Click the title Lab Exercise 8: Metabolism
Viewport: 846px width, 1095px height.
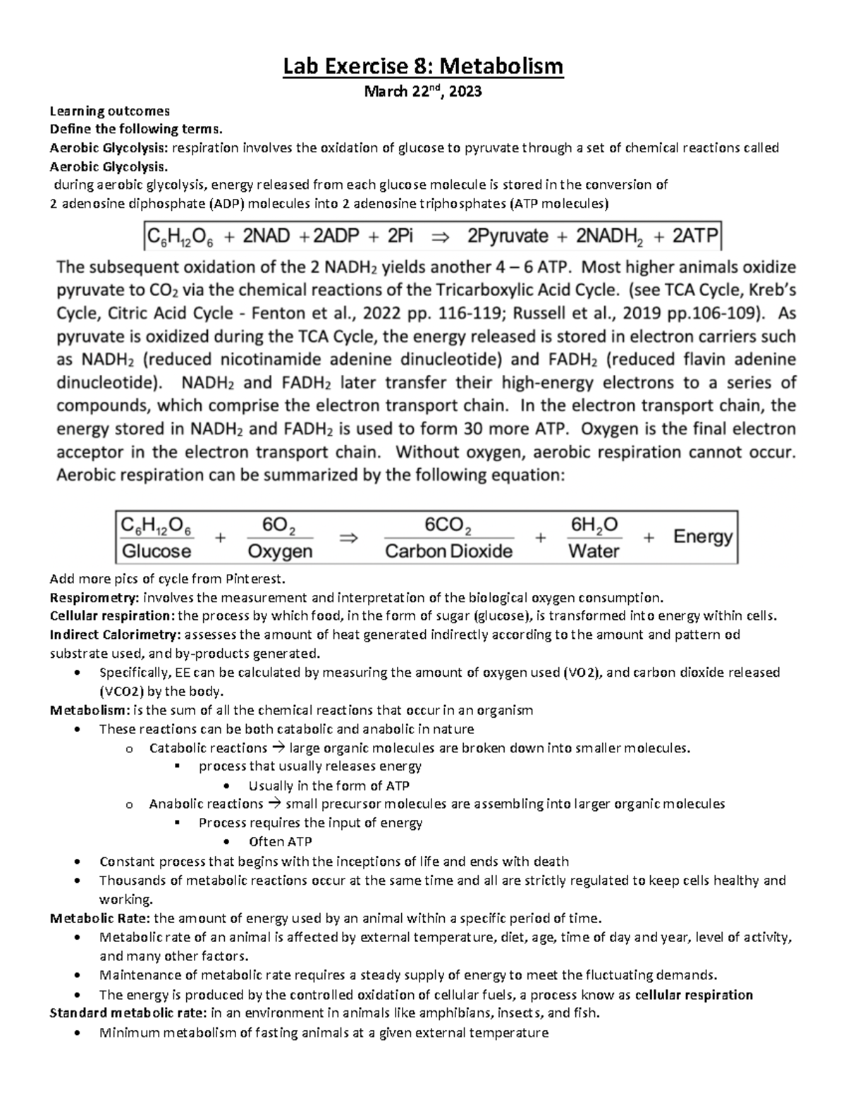(x=423, y=67)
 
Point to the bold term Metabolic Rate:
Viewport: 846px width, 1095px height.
(x=100, y=918)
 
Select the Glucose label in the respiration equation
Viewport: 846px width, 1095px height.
(x=157, y=551)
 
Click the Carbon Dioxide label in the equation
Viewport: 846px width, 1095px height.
(x=448, y=551)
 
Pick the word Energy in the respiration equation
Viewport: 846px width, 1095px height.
(x=702, y=537)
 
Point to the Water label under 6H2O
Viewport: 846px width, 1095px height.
(x=594, y=551)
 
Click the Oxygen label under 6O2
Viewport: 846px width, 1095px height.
(x=281, y=551)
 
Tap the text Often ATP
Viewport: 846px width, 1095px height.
(x=280, y=842)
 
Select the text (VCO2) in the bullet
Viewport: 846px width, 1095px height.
(x=121, y=691)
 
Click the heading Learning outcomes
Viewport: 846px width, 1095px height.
(x=109, y=111)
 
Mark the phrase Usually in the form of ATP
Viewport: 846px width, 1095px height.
(x=329, y=785)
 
